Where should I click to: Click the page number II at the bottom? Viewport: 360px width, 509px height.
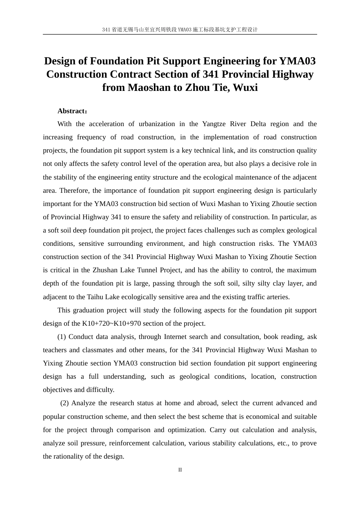tap(180, 470)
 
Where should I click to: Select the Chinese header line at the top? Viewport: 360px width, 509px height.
tap(180, 30)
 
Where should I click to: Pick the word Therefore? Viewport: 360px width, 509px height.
tap(74, 190)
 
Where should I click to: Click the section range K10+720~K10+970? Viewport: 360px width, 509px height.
tap(111, 323)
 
